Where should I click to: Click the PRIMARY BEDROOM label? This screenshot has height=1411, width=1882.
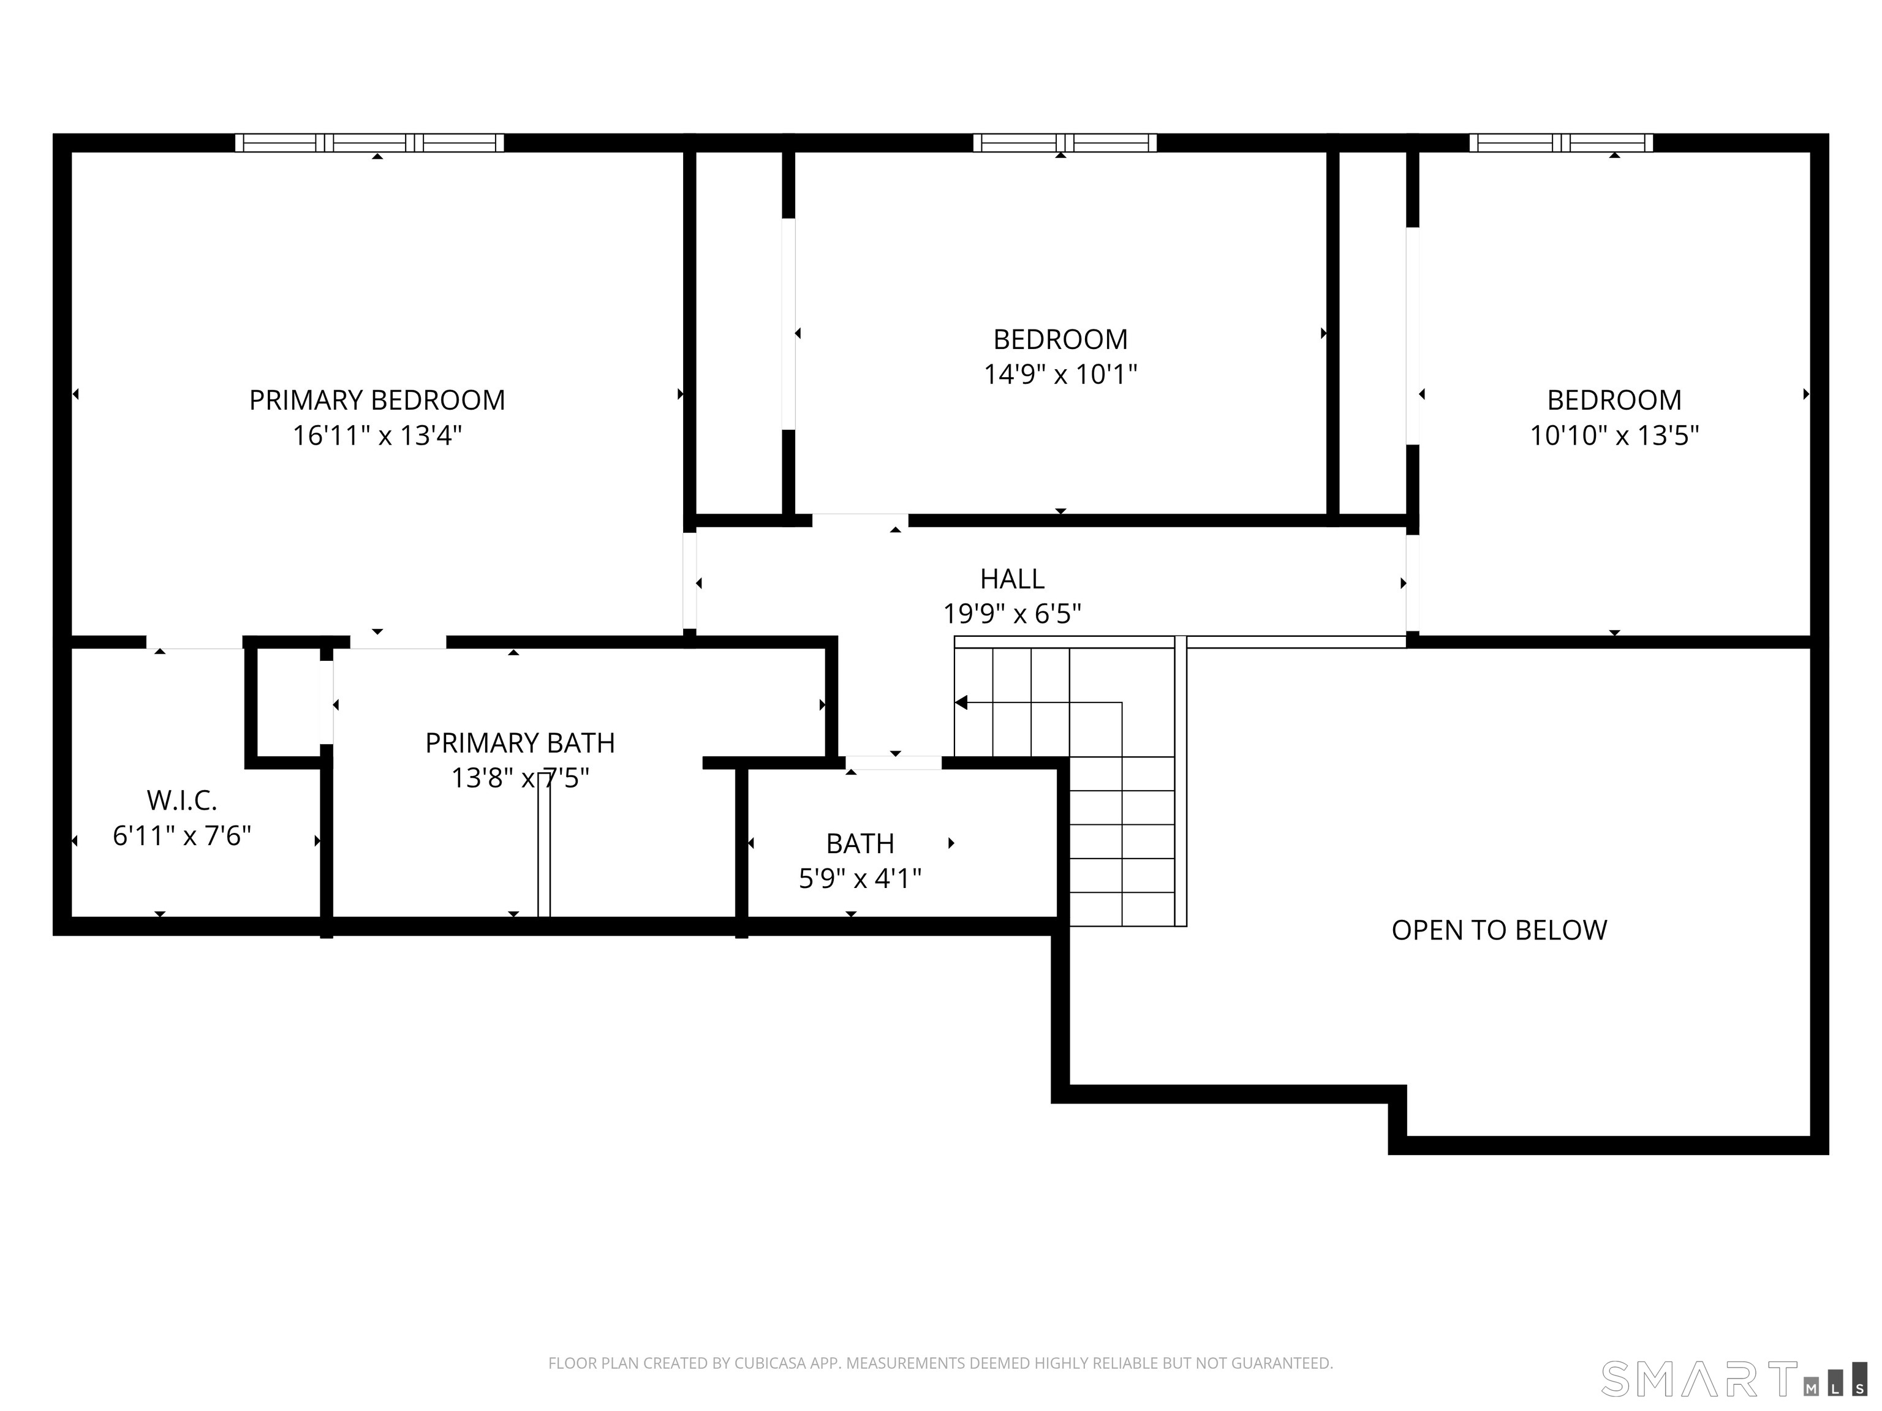[x=377, y=400]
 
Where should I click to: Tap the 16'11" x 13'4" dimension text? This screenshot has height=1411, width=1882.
[x=377, y=435]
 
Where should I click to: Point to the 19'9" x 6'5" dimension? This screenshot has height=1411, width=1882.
[x=1011, y=613]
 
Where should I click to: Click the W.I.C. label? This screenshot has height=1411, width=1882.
[x=182, y=800]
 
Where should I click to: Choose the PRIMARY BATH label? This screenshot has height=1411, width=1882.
[x=520, y=742]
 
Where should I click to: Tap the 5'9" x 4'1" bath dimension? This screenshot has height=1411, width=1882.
[x=860, y=878]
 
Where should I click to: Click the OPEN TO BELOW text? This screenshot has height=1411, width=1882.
[x=1499, y=930]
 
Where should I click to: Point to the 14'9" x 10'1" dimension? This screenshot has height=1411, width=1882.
[x=1060, y=374]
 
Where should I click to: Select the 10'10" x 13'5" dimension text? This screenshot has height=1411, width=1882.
[x=1614, y=435]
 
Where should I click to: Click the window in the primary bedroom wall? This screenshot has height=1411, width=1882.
[x=369, y=143]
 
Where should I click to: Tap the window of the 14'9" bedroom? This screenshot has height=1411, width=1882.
[x=1064, y=143]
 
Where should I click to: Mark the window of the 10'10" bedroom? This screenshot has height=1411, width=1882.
[x=1560, y=143]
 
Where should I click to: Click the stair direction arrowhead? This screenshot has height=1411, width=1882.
[x=961, y=702]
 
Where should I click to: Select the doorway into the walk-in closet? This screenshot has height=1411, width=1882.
[x=194, y=642]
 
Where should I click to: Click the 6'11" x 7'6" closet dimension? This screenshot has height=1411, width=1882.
[x=182, y=836]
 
